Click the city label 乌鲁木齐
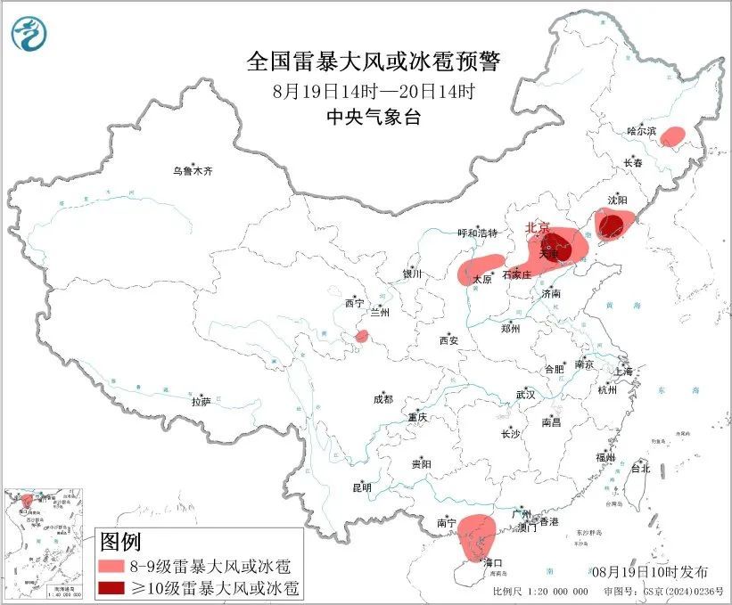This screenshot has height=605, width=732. click(x=193, y=171)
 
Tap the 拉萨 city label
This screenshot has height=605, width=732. click(x=201, y=402)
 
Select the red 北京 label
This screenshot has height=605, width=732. click(x=538, y=227)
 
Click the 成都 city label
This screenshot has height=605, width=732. click(x=383, y=400)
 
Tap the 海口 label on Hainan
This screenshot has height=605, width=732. click(x=493, y=563)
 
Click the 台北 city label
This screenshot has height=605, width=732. click(x=640, y=468)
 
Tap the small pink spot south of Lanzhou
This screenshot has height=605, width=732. click(x=362, y=336)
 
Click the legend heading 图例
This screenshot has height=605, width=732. click(x=120, y=542)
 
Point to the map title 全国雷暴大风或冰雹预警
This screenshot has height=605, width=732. click(x=374, y=62)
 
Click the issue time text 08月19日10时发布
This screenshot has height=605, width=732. click(x=650, y=571)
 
